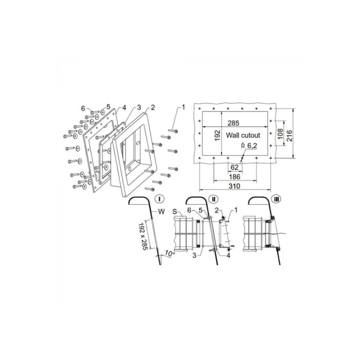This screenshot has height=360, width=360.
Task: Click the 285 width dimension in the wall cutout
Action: click(233, 123)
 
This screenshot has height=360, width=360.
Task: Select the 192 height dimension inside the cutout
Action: click(218, 135)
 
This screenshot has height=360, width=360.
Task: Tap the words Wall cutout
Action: click(243, 135)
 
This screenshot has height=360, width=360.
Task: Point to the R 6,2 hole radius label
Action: click(249, 146)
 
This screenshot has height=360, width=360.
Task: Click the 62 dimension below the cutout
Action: click(234, 167)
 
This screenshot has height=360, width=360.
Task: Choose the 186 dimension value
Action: click(235, 177)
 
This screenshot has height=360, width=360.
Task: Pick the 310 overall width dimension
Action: click(235, 186)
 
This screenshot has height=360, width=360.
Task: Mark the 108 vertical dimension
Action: click(280, 134)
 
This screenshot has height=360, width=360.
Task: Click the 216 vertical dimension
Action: click(289, 136)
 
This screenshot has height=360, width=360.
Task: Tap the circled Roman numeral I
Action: click(159, 199)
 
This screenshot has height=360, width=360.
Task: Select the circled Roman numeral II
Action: click(213, 199)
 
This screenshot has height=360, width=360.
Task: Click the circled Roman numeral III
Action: click(277, 199)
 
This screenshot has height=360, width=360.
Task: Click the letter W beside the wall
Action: click(161, 211)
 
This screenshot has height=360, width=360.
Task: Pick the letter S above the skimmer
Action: click(175, 212)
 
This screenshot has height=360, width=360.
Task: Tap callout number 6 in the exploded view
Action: click(83, 109)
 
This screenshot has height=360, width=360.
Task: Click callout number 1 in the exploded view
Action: click(183, 107)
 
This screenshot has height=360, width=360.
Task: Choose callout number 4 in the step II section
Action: click(228, 255)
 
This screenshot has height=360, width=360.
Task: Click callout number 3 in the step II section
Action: click(194, 255)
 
